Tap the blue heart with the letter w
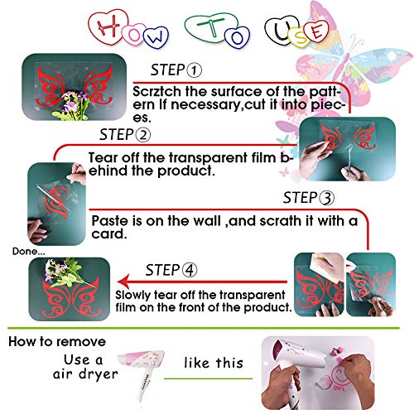(156, 36)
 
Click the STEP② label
(125, 135)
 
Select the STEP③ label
(310, 198)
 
